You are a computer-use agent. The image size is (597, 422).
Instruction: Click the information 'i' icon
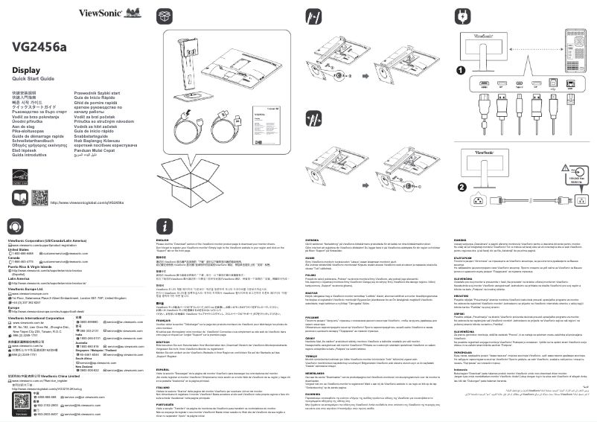click(x=165, y=226)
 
